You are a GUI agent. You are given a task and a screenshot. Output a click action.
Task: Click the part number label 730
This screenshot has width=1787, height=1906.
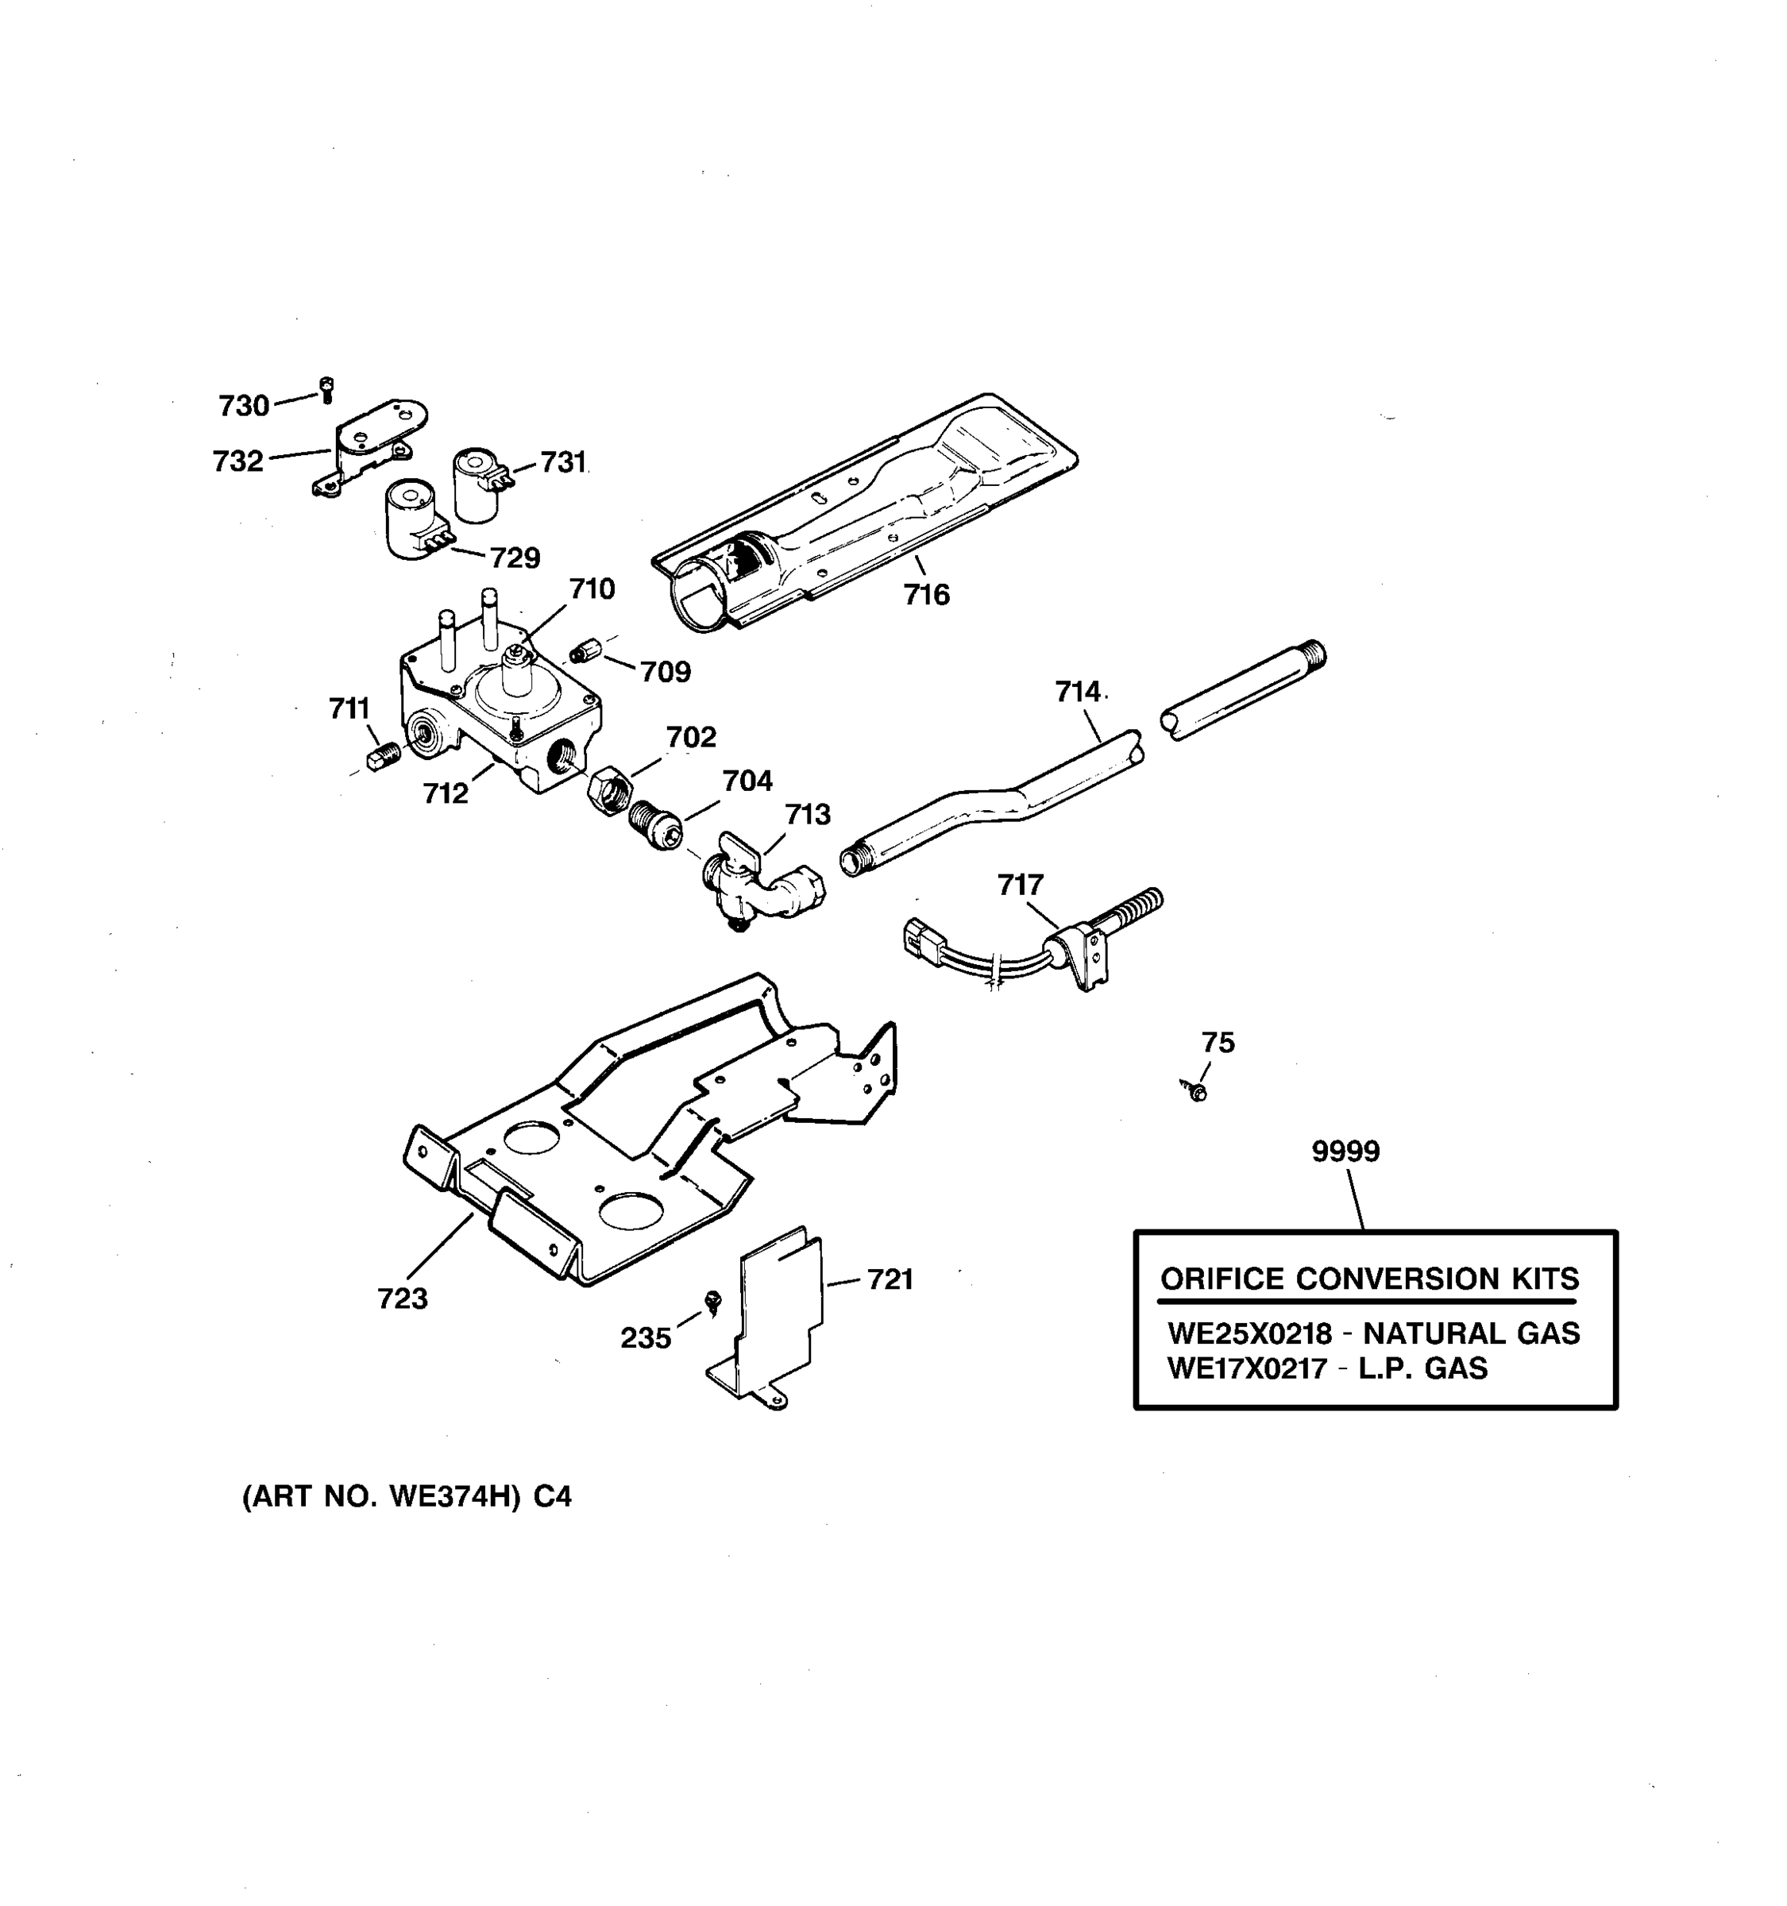[x=244, y=407]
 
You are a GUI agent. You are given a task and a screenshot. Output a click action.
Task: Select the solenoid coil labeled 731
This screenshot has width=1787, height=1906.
[x=477, y=484]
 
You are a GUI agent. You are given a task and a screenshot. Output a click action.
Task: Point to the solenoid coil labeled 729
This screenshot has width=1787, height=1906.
[x=411, y=519]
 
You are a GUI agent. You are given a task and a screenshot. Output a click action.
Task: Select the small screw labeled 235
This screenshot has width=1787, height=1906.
[x=712, y=1301]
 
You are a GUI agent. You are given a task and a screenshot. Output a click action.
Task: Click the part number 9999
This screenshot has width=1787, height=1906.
[x=1345, y=1152]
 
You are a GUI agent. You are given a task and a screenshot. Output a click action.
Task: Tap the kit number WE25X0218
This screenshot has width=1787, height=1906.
[x=1249, y=1333]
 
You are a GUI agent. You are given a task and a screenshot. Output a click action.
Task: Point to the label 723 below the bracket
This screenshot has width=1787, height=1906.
[x=402, y=1298]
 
